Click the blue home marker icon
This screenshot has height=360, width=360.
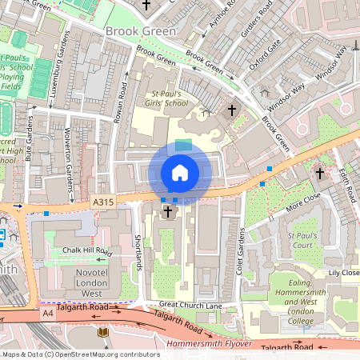tap(180, 173)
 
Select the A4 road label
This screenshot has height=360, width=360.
tap(50, 314)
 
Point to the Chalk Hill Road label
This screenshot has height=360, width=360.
tap(86, 251)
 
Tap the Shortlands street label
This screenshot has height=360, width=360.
tap(138, 249)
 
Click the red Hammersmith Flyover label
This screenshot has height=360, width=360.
tap(210, 344)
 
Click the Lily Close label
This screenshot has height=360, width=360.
tap(344, 273)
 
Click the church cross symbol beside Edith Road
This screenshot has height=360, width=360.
tap(320, 172)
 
